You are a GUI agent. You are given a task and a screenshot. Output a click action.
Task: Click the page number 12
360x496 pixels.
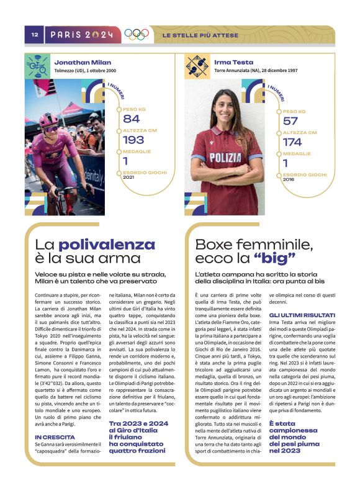[35, 35]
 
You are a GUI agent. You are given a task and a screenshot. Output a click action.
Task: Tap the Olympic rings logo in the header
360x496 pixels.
[137, 35]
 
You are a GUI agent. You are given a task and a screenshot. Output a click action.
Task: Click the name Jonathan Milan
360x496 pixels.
[83, 63]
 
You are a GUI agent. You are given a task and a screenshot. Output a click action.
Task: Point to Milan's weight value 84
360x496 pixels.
[132, 119]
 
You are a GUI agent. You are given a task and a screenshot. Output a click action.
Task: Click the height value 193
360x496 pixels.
[133, 140]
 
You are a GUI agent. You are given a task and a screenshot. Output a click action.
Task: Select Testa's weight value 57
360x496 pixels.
[290, 120]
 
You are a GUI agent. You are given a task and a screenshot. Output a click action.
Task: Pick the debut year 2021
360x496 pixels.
[128, 177]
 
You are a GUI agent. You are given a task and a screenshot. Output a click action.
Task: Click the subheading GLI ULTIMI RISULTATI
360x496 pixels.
[302, 315]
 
